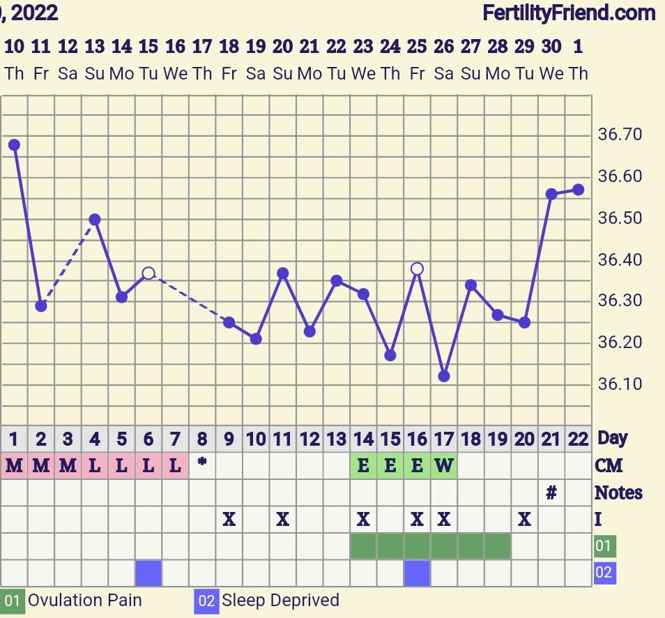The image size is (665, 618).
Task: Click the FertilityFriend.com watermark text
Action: (568, 13)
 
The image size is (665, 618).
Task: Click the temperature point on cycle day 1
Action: (14, 145)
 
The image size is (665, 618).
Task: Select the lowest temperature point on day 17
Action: (444, 377)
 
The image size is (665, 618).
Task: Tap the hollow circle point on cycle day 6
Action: (148, 273)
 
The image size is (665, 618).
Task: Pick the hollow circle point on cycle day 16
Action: (417, 269)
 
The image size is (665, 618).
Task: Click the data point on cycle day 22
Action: (578, 190)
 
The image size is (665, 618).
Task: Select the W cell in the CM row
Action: (444, 465)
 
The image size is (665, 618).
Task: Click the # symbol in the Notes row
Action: (551, 493)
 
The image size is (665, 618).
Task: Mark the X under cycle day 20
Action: (524, 520)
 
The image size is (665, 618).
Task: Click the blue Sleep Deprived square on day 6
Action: (148, 573)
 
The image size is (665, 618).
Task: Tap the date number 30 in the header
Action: (551, 47)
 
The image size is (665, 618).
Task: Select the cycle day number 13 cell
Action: (337, 439)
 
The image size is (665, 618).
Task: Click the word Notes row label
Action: (618, 493)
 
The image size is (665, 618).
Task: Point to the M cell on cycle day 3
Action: (68, 465)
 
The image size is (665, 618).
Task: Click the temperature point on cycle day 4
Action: (95, 219)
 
